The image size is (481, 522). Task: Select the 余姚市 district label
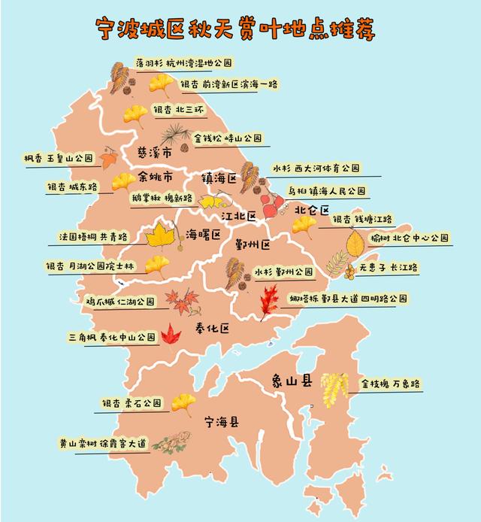click(156, 178)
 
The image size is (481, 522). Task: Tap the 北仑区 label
click(312, 210)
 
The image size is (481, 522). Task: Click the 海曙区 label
click(203, 235)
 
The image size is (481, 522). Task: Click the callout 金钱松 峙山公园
click(228, 138)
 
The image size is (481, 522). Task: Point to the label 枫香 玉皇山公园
click(57, 159)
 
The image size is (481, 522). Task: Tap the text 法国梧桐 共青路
click(93, 237)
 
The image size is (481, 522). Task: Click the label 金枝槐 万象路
click(390, 384)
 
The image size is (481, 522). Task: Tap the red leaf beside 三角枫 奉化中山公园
click(172, 333)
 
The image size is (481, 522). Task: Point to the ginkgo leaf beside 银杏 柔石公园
click(183, 404)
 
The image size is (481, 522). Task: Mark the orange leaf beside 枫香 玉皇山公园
click(109, 159)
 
